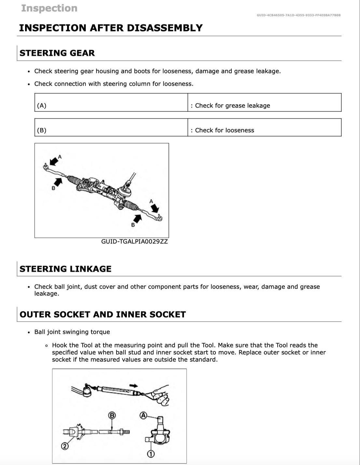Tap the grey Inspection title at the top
tap(49, 8)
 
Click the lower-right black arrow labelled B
tap(138, 218)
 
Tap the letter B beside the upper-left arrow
tap(53, 188)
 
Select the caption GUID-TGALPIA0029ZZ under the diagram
tap(134, 242)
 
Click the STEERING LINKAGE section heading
tap(65, 269)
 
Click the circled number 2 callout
tap(65, 446)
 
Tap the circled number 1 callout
tap(151, 454)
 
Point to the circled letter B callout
tap(112, 415)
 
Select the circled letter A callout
tap(143, 415)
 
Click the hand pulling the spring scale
tap(161, 394)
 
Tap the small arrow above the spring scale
tap(133, 385)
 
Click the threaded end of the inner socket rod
tap(125, 432)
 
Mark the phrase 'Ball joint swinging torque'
tap(72, 332)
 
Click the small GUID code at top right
tap(298, 15)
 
